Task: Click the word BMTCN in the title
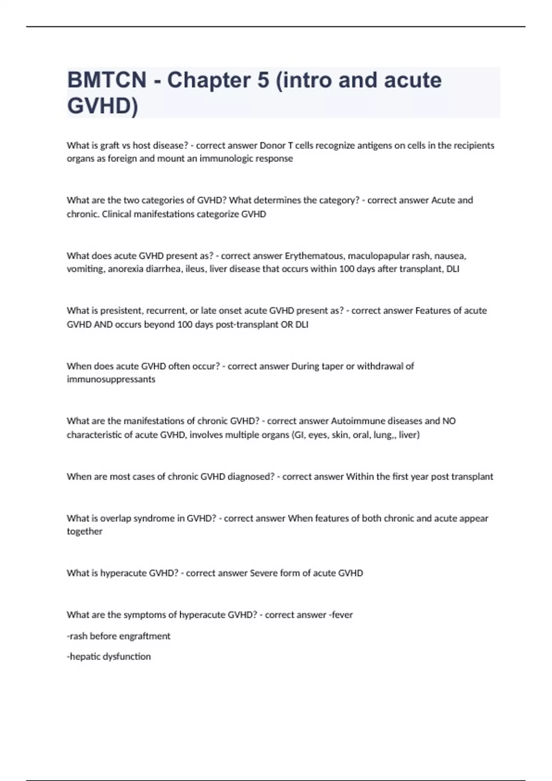coord(107,80)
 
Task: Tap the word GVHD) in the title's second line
coord(102,106)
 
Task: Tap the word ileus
coord(195,269)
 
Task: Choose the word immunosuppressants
coord(111,379)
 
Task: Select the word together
coord(85,532)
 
